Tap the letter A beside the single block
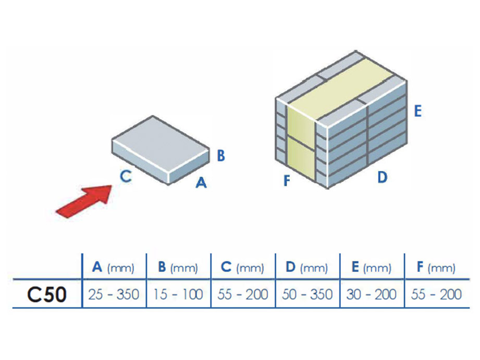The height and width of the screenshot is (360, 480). point(201,183)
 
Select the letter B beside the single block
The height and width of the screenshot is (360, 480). point(220,155)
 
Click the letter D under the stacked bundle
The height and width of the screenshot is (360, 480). point(382,178)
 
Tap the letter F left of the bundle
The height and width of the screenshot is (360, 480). point(286,181)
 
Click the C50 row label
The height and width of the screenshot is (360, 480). point(47,295)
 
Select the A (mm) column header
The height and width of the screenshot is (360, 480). point(114,268)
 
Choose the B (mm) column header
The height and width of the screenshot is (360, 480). point(178,268)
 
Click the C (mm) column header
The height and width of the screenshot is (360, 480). point(242,268)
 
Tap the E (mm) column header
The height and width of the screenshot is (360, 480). point(371,268)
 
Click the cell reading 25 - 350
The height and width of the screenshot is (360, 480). point(114,295)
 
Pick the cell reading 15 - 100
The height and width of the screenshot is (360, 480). point(178,295)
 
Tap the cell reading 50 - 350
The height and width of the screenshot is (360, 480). point(307,295)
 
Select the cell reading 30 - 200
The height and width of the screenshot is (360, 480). point(372,295)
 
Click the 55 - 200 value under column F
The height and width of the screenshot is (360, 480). point(436,295)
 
